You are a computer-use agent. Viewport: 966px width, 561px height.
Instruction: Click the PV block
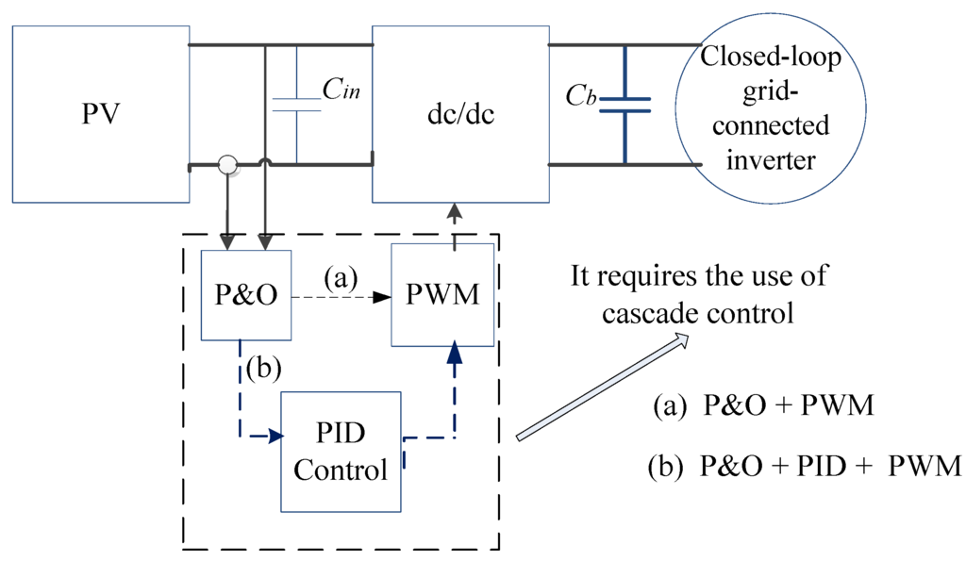(101, 114)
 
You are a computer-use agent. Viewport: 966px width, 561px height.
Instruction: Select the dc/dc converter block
(460, 114)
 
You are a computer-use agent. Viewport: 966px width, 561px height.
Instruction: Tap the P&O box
(246, 295)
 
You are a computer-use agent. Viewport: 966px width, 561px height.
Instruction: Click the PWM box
(443, 295)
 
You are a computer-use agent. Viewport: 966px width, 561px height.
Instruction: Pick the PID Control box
(341, 452)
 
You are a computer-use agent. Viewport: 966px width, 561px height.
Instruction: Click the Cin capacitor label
(341, 90)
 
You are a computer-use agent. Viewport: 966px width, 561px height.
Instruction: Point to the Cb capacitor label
(581, 95)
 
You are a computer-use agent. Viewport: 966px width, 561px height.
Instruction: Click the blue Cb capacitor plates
(625, 105)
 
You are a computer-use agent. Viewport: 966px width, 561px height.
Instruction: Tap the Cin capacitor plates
(296, 105)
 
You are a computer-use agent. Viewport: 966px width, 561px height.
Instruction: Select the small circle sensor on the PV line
(228, 165)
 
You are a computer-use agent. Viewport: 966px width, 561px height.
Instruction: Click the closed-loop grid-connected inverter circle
(771, 108)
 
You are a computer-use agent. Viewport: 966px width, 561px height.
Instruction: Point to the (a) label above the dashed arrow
(341, 278)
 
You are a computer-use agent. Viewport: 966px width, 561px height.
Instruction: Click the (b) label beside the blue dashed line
(264, 369)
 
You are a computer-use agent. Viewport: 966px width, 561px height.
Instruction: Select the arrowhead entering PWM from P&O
(382, 297)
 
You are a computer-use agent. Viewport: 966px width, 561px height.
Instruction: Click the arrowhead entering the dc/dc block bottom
(454, 213)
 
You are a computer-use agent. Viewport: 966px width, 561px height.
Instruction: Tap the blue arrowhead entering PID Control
(275, 437)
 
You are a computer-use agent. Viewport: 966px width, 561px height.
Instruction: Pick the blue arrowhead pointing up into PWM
(455, 352)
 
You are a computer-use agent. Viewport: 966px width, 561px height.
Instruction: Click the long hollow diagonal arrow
(603, 387)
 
